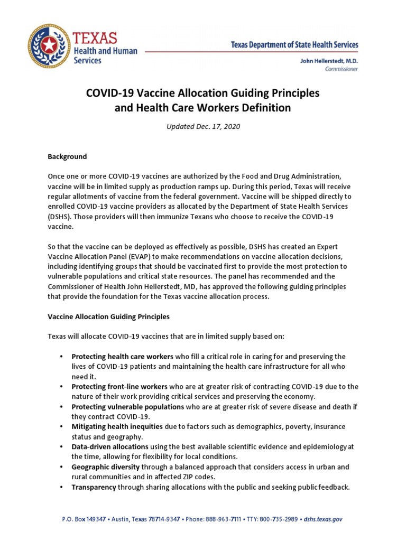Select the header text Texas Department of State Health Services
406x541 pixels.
coord(294,45)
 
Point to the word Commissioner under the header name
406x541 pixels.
coord(342,69)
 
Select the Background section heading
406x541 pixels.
coord(68,157)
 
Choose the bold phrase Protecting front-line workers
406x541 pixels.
coord(119,386)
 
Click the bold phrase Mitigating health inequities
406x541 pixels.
coord(118,427)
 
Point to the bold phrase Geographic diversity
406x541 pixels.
coord(106,467)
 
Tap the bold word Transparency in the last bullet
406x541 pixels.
coord(94,487)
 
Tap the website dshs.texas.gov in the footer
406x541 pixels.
coord(322,519)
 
